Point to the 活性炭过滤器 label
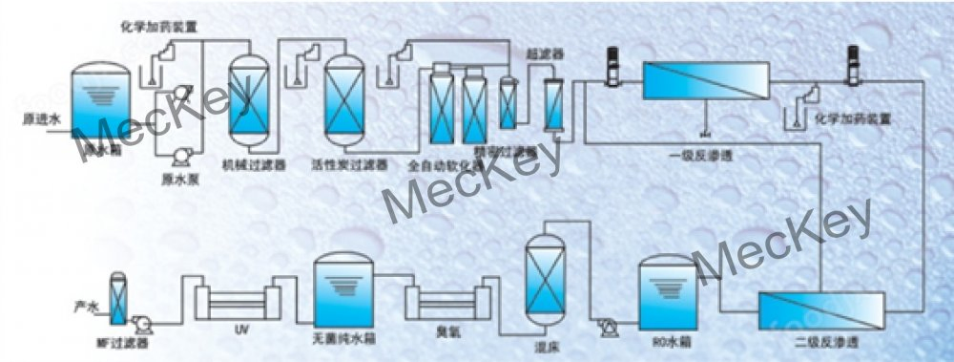pyautogui.click(x=348, y=164)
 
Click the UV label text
pyautogui.click(x=241, y=329)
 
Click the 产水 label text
pyautogui.click(x=87, y=307)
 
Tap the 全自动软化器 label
pyautogui.click(x=439, y=164)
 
